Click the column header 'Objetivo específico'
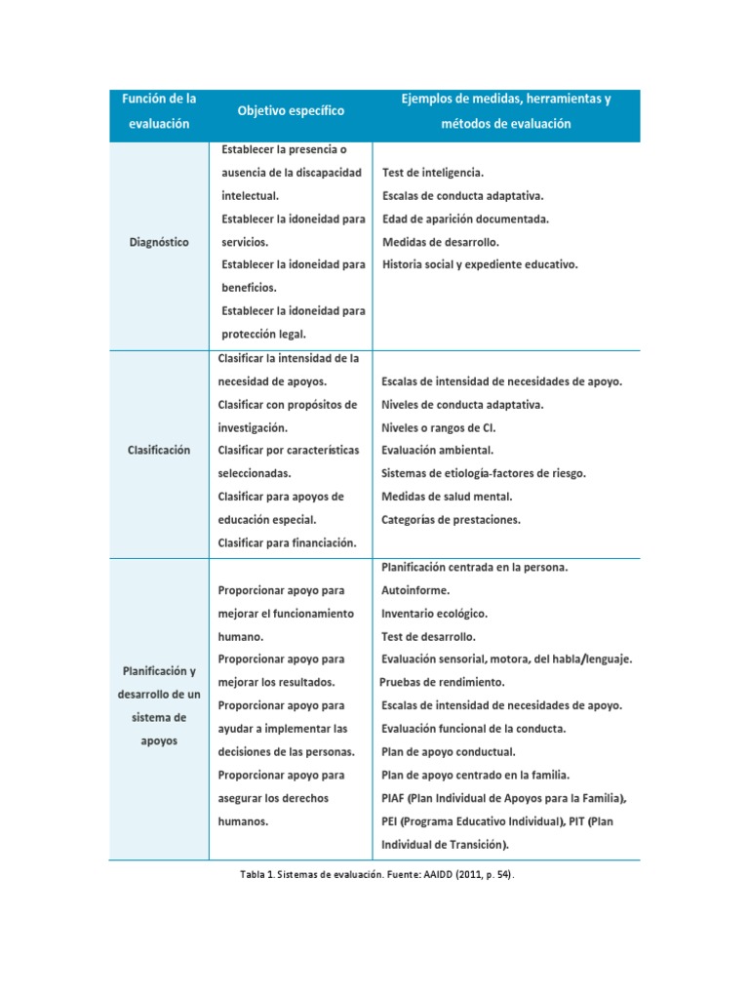[x=291, y=111]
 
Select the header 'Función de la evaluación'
[x=159, y=111]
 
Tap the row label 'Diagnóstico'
[x=159, y=242]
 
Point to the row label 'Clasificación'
[x=159, y=450]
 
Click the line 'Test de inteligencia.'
[x=432, y=173]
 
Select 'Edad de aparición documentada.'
[x=465, y=219]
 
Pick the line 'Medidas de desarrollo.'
[x=441, y=242]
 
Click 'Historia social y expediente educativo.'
[x=480, y=264]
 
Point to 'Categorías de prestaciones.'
[x=451, y=520]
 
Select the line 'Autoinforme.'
[x=416, y=590]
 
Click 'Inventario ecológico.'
[x=434, y=614]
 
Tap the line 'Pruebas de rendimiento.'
[x=442, y=682]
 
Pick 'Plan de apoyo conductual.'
[x=449, y=752]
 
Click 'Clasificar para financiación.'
[x=287, y=542]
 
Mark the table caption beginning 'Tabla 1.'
[x=375, y=875]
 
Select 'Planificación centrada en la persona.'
[x=475, y=567]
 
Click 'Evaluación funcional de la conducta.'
[x=473, y=729]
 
